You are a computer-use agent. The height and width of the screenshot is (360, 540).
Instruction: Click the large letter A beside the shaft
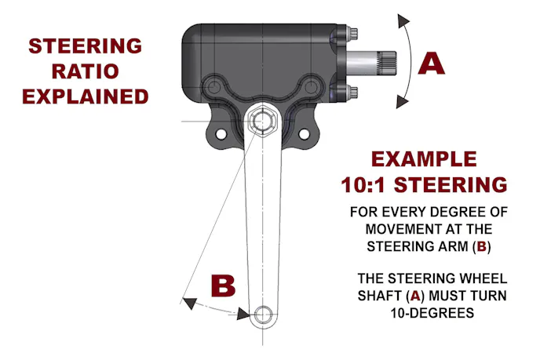tap(431, 62)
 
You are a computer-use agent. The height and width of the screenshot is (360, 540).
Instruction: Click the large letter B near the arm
tap(224, 285)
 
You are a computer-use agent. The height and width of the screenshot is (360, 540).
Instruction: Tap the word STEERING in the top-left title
tap(86, 45)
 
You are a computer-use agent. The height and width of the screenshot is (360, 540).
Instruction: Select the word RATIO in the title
tap(86, 71)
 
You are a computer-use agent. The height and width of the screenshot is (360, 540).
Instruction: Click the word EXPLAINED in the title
tap(86, 96)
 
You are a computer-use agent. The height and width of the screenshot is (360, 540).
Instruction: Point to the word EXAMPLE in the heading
tap(424, 158)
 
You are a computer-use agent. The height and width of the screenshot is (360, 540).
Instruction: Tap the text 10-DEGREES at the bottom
tap(424, 311)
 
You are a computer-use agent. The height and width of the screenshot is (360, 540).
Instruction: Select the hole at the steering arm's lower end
tap(262, 315)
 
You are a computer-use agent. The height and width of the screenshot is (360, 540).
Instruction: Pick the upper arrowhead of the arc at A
tap(405, 20)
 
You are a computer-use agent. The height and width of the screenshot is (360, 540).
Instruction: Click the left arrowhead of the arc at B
tap(188, 298)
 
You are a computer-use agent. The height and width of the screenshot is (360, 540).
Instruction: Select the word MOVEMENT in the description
tap(402, 228)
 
